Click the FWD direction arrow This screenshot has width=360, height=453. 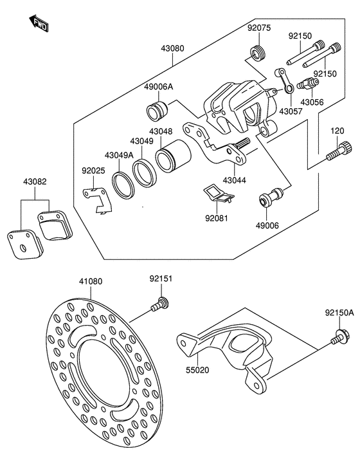pyautogui.click(x=39, y=23)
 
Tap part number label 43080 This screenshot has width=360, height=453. pyautogui.click(x=172, y=48)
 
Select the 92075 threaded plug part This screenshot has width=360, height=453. pyautogui.click(x=258, y=53)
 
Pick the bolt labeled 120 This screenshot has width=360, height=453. pyautogui.click(x=339, y=151)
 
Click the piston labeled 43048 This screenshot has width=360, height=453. pyautogui.click(x=173, y=156)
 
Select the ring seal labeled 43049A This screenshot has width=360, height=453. pyautogui.click(x=123, y=185)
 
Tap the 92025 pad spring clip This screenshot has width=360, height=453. pyautogui.click(x=97, y=201)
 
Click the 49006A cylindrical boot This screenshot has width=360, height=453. pyautogui.click(x=157, y=111)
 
